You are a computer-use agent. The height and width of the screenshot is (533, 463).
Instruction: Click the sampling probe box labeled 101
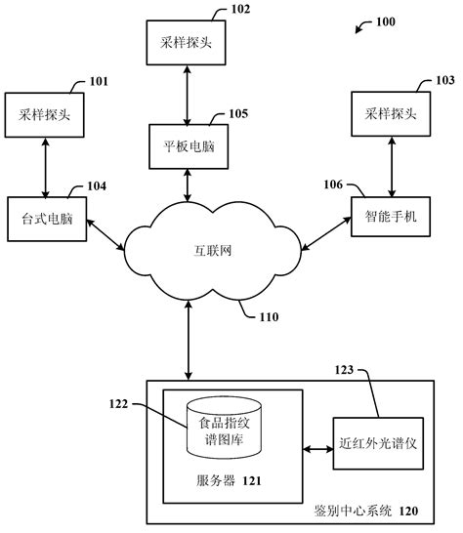click(45, 114)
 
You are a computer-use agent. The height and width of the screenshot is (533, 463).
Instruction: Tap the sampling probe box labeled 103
click(390, 113)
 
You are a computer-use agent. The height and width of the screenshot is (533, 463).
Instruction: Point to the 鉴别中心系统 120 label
click(365, 511)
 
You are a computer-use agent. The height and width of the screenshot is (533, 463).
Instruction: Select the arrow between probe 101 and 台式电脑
click(45, 165)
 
